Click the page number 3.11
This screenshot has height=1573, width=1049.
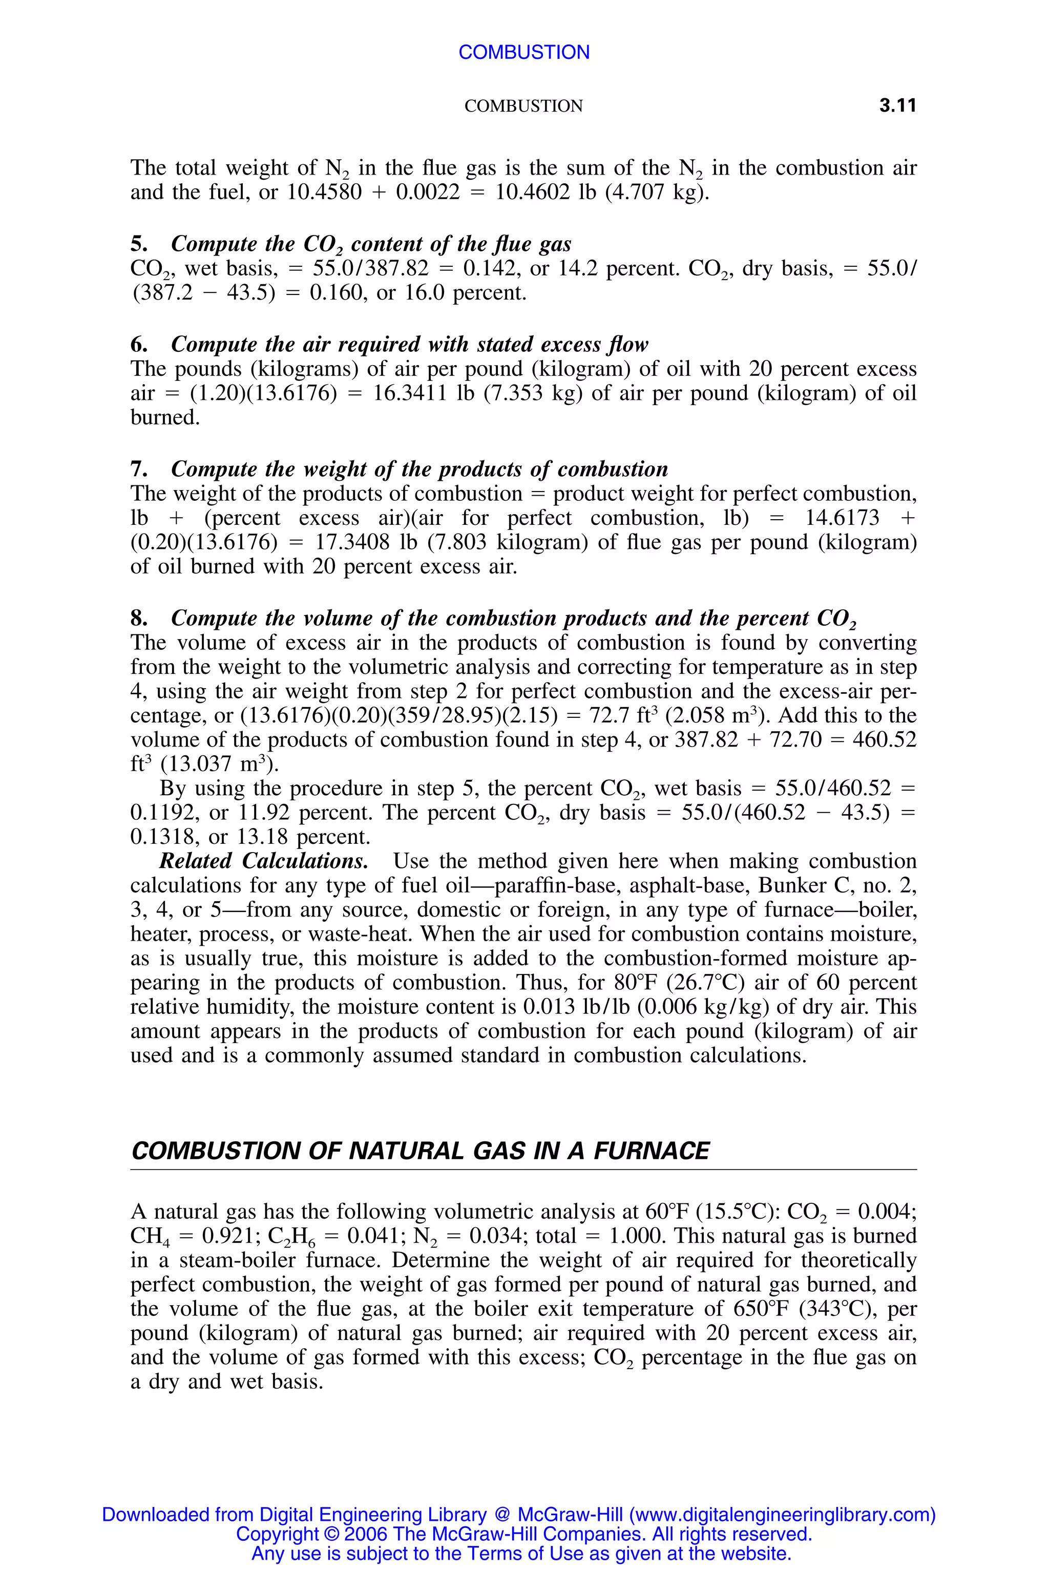[897, 105]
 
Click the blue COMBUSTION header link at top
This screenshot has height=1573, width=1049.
[524, 52]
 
